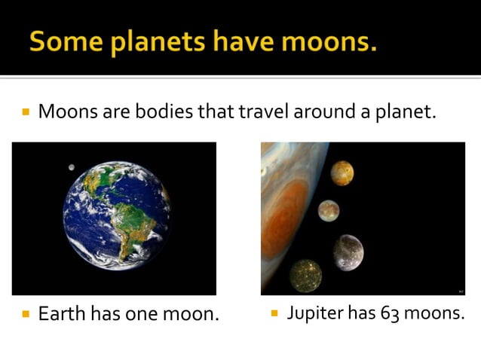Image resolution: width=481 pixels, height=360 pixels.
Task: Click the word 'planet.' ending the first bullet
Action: tap(407, 114)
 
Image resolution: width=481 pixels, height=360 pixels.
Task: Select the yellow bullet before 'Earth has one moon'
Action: tap(26, 313)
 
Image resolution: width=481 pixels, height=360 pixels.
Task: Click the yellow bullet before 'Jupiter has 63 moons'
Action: tap(274, 312)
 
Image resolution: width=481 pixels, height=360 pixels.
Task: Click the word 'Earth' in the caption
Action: tap(62, 313)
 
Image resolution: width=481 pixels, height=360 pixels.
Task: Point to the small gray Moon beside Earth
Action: tap(71, 167)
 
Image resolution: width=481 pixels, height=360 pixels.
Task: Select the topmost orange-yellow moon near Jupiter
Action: tap(342, 173)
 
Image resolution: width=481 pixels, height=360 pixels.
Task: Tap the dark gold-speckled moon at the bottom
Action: tap(305, 275)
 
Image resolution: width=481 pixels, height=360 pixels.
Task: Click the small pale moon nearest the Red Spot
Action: tap(328, 211)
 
